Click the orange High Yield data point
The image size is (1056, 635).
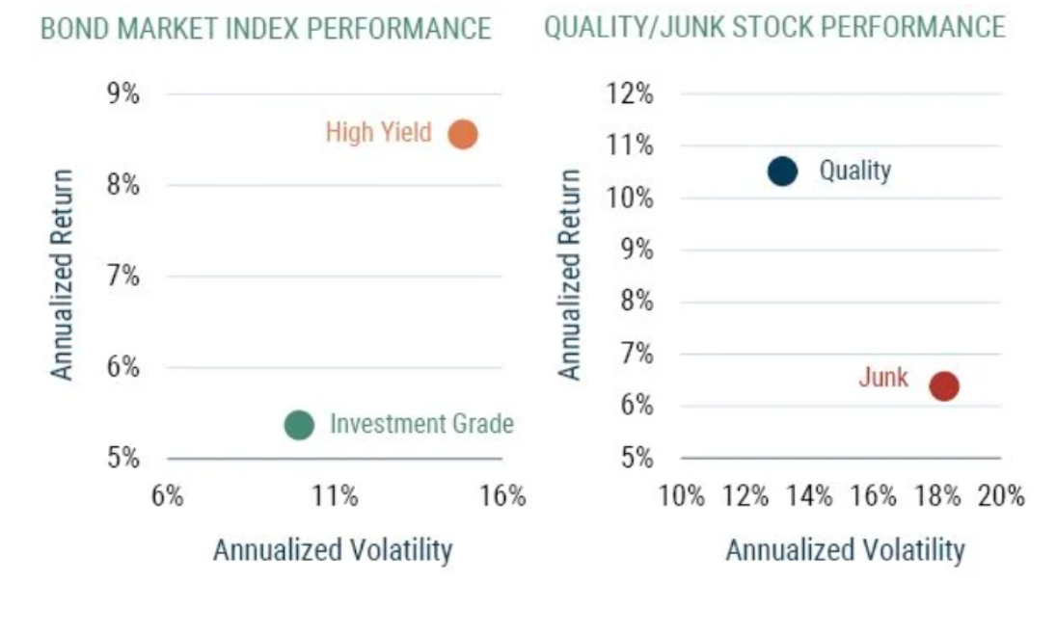pyautogui.click(x=463, y=134)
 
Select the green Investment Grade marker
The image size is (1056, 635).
pyautogui.click(x=299, y=425)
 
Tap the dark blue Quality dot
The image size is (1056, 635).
pyautogui.click(x=782, y=172)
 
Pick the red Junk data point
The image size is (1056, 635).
pyautogui.click(x=943, y=386)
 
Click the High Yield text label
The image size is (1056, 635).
pyautogui.click(x=378, y=132)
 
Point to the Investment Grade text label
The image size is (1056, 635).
pyautogui.click(x=421, y=424)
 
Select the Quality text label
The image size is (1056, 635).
pyautogui.click(x=854, y=172)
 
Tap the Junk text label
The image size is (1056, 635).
pyautogui.click(x=882, y=378)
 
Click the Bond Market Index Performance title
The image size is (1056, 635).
pyautogui.click(x=265, y=29)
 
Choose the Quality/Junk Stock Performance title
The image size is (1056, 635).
pyautogui.click(x=774, y=27)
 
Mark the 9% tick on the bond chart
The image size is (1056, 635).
pyautogui.click(x=122, y=94)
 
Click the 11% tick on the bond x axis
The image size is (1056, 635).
pyautogui.click(x=336, y=496)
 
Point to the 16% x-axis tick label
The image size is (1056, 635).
pyautogui.click(x=503, y=496)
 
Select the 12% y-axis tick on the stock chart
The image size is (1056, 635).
pyautogui.click(x=631, y=94)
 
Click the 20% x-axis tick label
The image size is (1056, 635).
pyautogui.click(x=1001, y=496)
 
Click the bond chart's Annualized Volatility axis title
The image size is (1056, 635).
pyautogui.click(x=332, y=550)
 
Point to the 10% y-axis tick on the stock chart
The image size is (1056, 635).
pyautogui.click(x=631, y=198)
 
